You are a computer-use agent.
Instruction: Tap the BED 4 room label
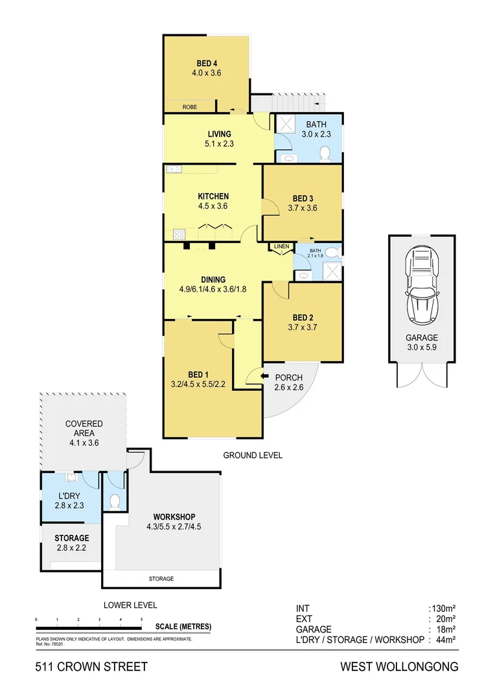point(207,64)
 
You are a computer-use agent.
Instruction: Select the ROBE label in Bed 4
point(190,107)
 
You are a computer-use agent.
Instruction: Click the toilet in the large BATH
point(326,153)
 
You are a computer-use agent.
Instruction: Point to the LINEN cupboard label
point(281,247)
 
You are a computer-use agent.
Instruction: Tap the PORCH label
point(289,378)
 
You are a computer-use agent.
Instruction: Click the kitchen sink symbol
point(173,170)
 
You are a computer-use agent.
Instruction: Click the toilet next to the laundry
point(114,501)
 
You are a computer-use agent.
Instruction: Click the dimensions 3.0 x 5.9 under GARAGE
point(421,347)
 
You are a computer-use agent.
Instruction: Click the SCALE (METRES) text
point(183,627)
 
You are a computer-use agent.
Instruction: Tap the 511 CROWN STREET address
point(92,666)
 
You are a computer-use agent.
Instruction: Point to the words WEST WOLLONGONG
point(400,666)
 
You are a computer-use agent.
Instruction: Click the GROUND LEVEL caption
point(253,455)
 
